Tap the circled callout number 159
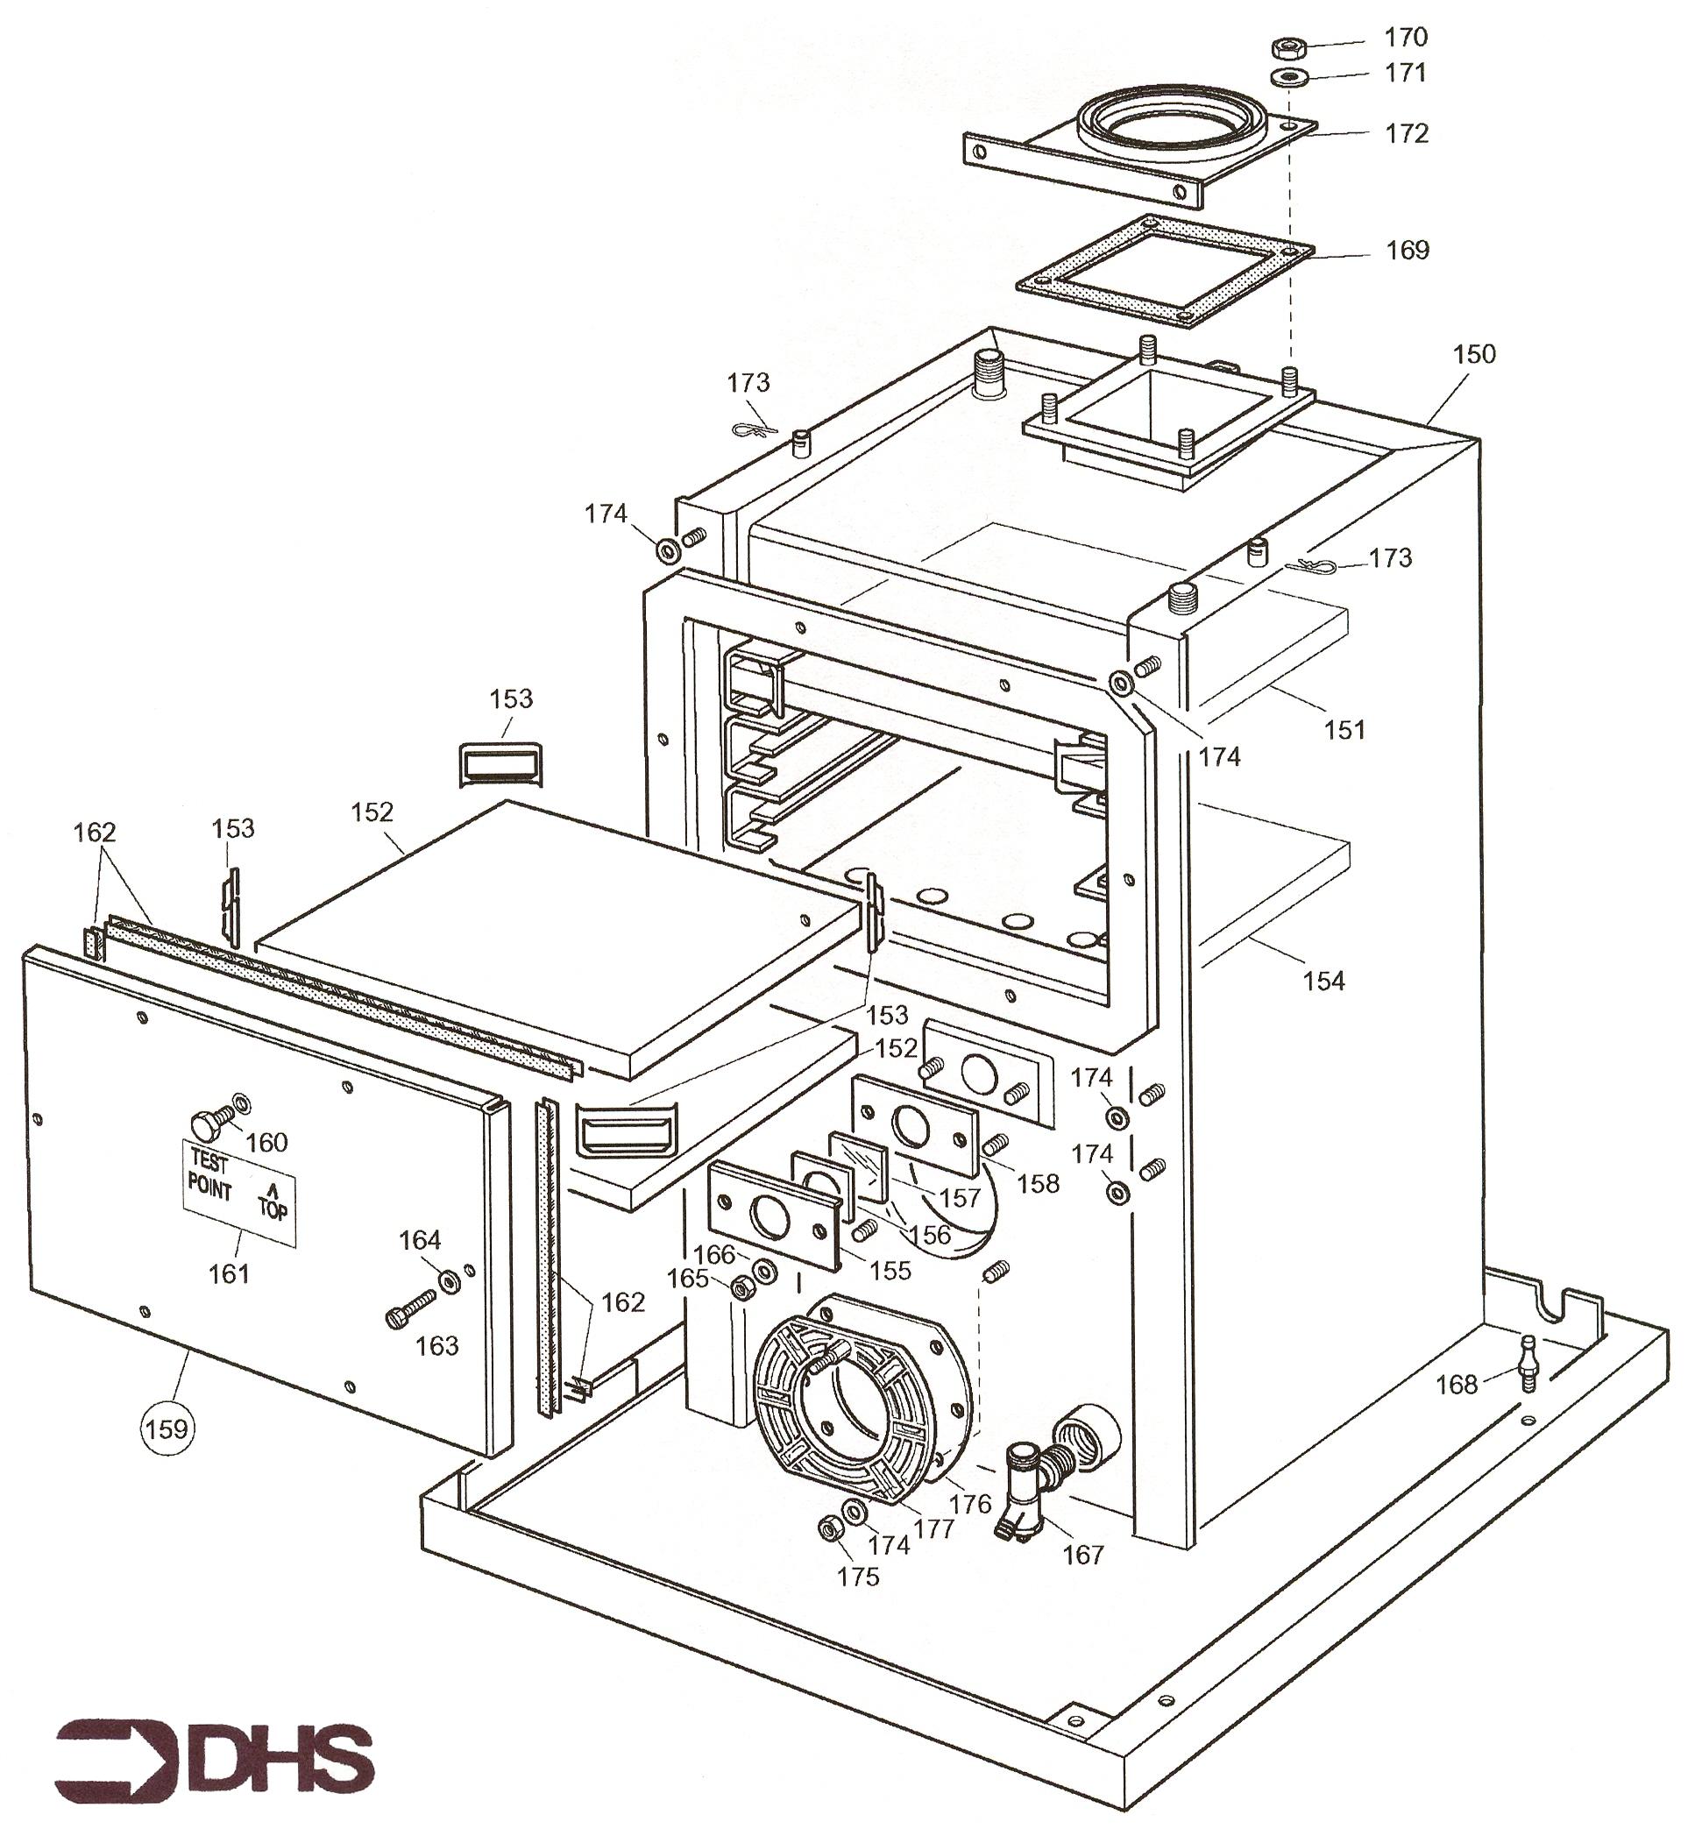[x=167, y=1428]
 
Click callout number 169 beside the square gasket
[x=1407, y=250]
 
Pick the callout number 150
[x=1473, y=354]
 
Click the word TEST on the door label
[x=209, y=1162]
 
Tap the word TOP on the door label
[x=273, y=1210]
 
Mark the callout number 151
[x=1344, y=730]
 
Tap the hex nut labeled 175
[x=829, y=1528]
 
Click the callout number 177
[x=933, y=1528]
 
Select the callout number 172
[x=1406, y=134]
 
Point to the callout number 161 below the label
[x=229, y=1272]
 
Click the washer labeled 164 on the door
[x=450, y=1281]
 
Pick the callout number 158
[x=1038, y=1184]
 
